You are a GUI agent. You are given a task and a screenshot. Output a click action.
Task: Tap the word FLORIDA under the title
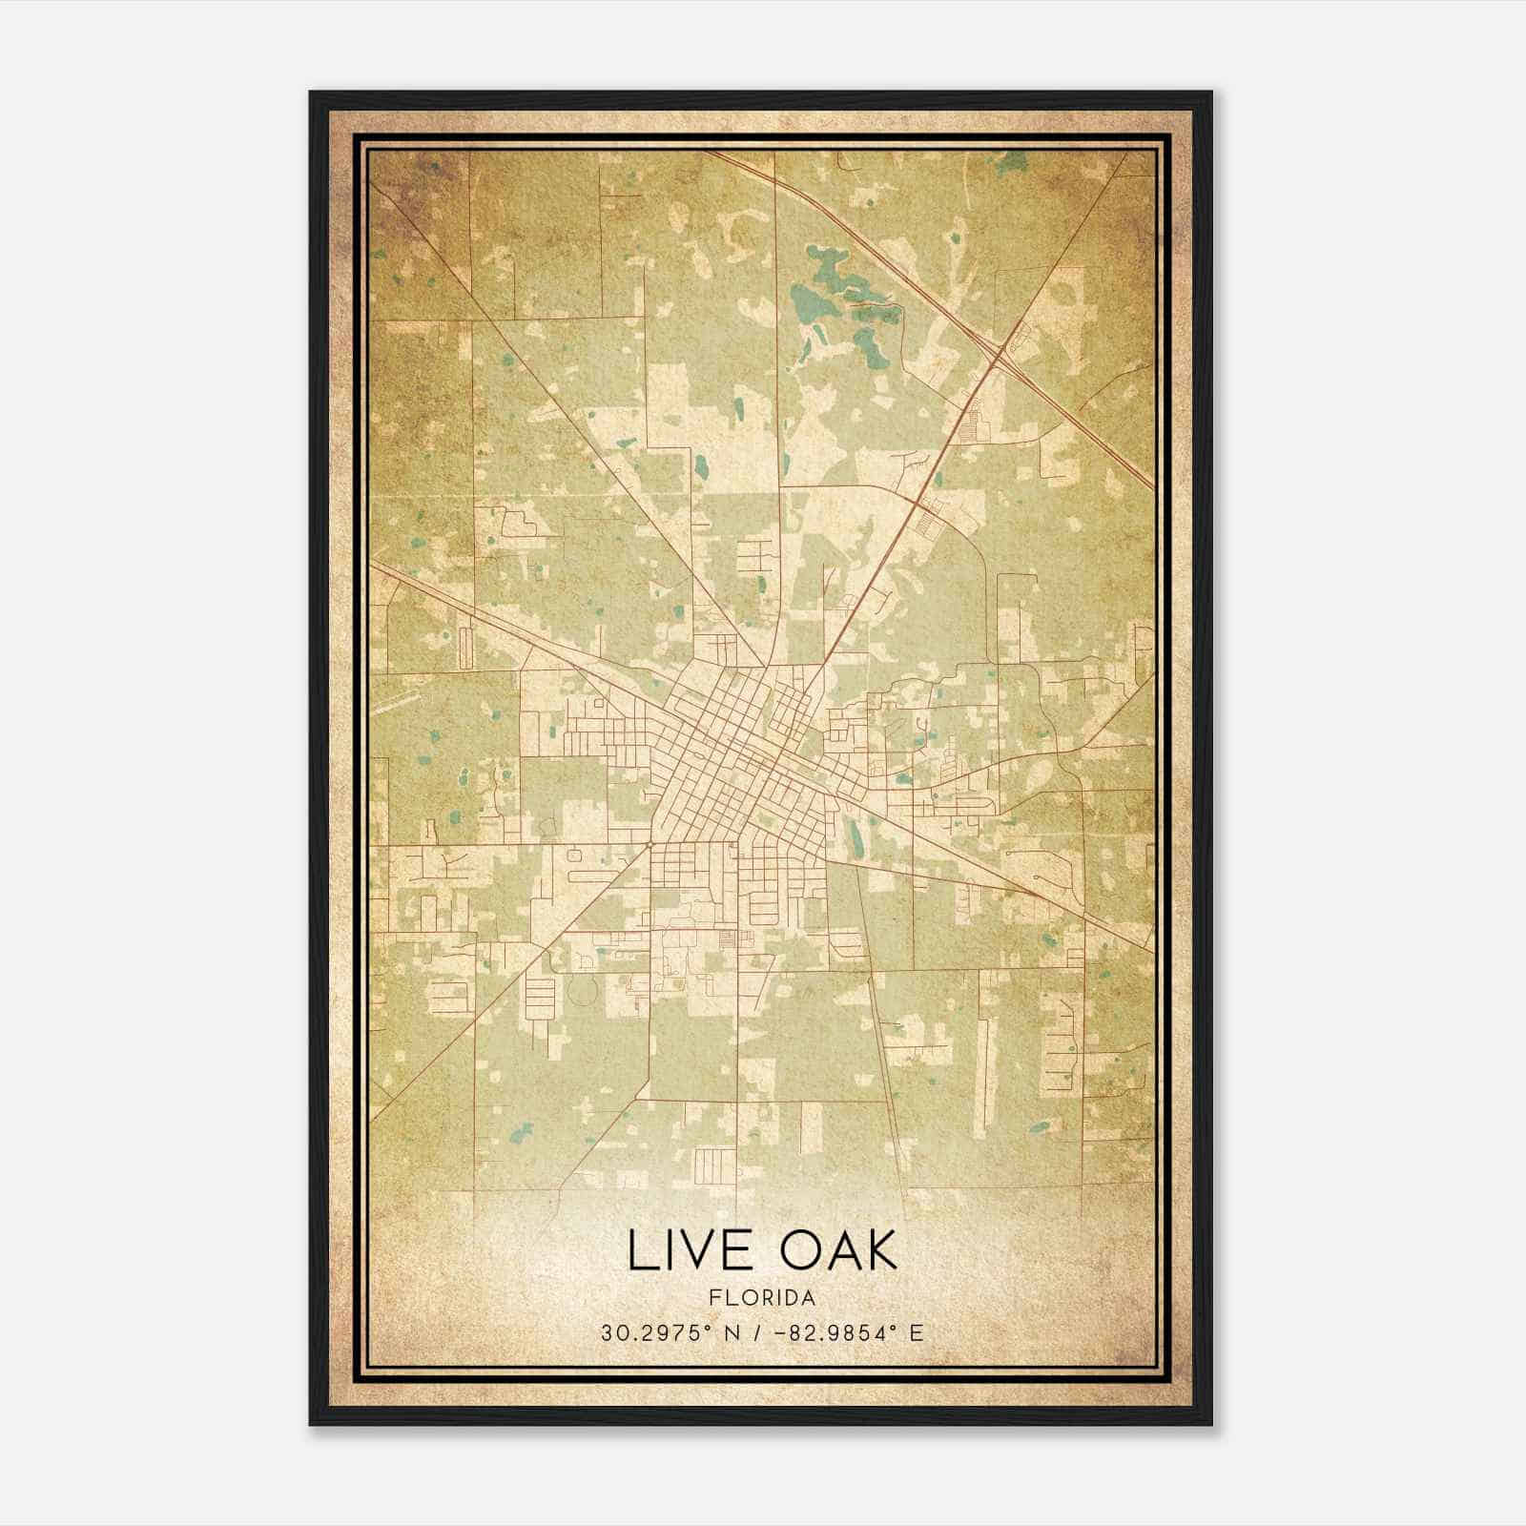[x=762, y=1298]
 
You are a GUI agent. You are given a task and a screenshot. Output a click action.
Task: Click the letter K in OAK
[x=882, y=1250]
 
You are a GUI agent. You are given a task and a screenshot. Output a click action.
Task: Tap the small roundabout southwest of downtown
[x=648, y=844]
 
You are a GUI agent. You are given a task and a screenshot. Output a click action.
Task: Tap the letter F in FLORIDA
[x=713, y=1298]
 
